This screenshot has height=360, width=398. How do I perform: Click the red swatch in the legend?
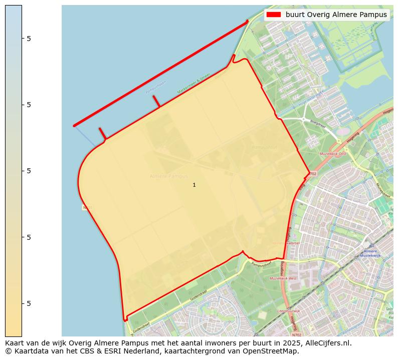click(274, 15)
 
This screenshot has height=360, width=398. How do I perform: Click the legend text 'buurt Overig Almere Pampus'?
click(336, 15)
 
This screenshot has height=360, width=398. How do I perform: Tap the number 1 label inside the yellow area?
click(194, 185)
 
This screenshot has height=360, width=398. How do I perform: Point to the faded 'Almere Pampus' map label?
click(169, 176)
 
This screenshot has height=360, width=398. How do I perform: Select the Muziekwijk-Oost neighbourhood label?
click(333, 154)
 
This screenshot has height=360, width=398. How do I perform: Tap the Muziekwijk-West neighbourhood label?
click(283, 278)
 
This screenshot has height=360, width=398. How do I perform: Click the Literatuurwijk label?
click(288, 311)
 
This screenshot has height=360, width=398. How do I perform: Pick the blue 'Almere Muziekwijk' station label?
click(370, 253)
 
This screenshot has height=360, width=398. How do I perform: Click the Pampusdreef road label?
click(261, 264)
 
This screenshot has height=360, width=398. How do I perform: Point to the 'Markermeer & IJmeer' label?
click(192, 85)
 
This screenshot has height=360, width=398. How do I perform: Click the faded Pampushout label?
click(265, 148)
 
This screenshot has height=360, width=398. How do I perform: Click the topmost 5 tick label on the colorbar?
click(29, 39)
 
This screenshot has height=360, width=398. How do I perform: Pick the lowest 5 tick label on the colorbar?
click(29, 303)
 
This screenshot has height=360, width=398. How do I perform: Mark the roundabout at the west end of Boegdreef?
click(304, 119)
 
